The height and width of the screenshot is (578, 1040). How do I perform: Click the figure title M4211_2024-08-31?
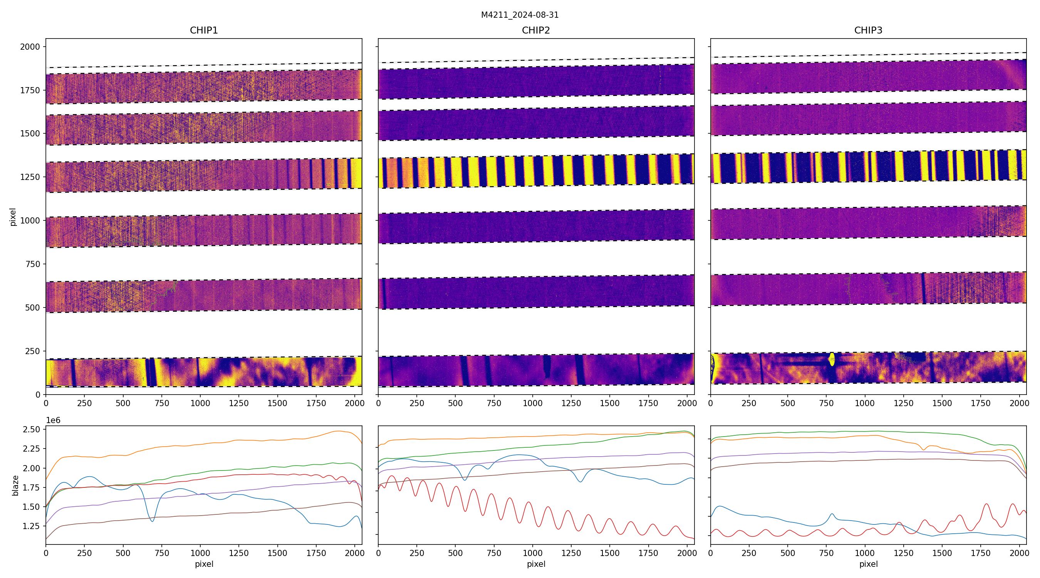coord(520,15)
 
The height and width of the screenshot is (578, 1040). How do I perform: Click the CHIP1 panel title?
coord(204,30)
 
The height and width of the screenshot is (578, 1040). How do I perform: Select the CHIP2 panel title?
coord(536,30)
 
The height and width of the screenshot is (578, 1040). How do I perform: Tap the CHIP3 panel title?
coord(868,30)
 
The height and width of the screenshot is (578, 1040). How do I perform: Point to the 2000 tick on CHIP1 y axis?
coord(30,47)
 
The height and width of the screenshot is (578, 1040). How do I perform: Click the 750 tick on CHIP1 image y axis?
coord(33,264)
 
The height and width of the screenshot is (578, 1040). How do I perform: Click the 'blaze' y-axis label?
coord(15,485)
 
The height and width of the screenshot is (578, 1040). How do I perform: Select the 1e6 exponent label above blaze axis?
coord(53,420)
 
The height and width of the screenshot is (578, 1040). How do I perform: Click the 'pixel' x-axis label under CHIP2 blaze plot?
coord(536,564)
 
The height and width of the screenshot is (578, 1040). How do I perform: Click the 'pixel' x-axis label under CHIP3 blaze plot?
coord(868,564)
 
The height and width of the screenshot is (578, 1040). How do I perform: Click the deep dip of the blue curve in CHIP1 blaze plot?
coord(152,521)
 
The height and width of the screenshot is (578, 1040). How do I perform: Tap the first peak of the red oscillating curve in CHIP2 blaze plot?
coord(391,476)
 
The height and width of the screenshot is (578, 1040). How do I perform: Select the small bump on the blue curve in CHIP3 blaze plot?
coord(832,514)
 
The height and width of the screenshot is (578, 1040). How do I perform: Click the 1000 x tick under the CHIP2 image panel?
coord(532,403)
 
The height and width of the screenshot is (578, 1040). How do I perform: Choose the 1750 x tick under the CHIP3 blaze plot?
coord(980,553)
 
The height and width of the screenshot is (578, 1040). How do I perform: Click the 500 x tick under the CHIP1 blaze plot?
coord(123,553)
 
